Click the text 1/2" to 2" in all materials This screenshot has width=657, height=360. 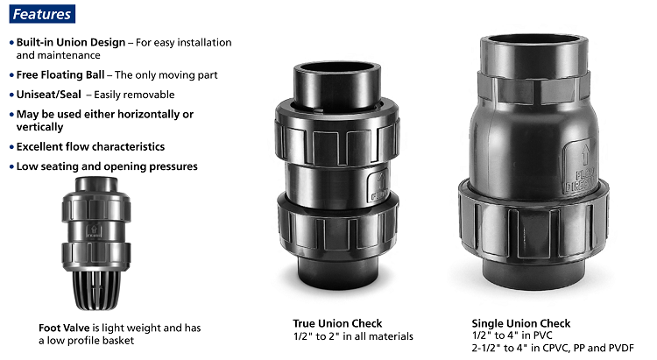(353, 336)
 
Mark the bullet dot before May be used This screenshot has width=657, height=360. (11, 115)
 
